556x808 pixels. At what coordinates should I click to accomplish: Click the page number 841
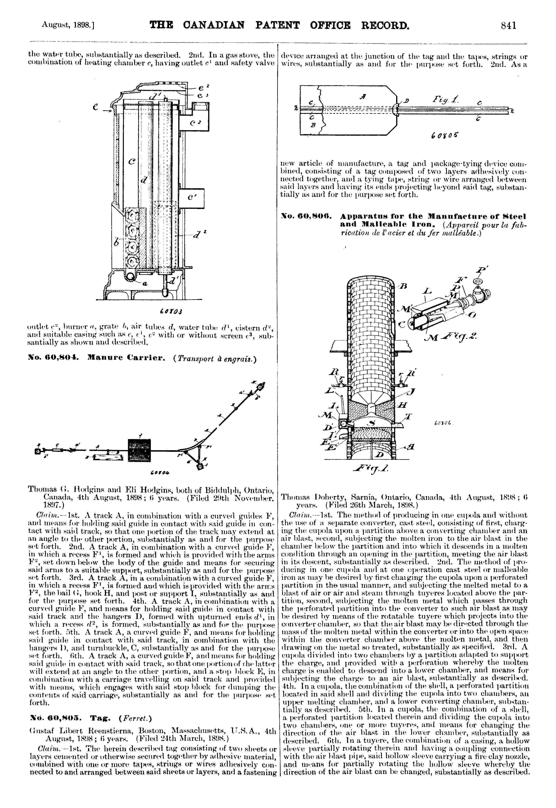point(508,25)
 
